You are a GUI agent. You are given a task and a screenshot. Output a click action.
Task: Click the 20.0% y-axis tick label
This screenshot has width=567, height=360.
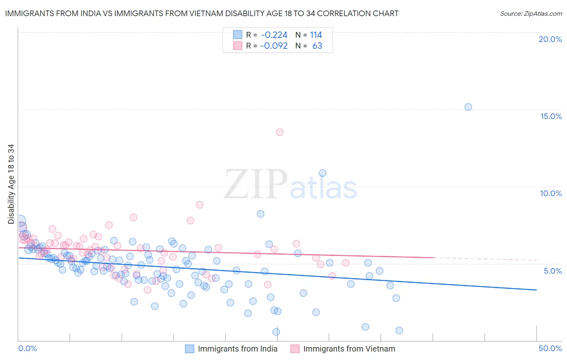pyautogui.click(x=550, y=39)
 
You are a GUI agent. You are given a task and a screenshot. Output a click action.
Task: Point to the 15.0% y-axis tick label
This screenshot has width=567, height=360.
pyautogui.click(x=551, y=116)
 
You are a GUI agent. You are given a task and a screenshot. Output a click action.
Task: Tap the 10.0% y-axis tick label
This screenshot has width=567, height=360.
pyautogui.click(x=551, y=193)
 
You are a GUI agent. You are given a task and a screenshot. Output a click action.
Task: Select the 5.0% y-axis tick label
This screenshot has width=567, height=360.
pyautogui.click(x=552, y=271)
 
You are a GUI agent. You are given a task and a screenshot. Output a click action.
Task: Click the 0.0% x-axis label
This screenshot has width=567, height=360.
pyautogui.click(x=28, y=348)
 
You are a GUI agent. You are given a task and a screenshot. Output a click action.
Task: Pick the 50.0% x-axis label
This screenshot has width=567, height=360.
pyautogui.click(x=550, y=348)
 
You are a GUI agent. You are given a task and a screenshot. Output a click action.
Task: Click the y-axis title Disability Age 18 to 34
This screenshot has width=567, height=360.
pyautogui.click(x=11, y=184)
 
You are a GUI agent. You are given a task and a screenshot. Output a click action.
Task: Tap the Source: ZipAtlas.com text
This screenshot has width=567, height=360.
pyautogui.click(x=531, y=13)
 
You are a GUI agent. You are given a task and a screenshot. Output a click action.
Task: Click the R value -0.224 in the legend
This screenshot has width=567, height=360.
pyautogui.click(x=274, y=35)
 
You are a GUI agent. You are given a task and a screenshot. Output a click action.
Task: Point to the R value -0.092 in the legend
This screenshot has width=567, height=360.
pyautogui.click(x=274, y=46)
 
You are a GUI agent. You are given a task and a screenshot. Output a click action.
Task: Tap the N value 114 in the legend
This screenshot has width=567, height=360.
pyautogui.click(x=316, y=35)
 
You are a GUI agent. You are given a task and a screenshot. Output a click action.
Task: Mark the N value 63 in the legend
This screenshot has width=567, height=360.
pyautogui.click(x=317, y=46)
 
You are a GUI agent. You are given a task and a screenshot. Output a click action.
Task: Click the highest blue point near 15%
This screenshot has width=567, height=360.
pyautogui.click(x=468, y=107)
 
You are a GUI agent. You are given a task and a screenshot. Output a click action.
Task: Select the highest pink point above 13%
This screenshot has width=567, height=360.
pyautogui.click(x=279, y=132)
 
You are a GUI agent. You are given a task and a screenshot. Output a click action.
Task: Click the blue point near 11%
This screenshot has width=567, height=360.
pyautogui.click(x=323, y=173)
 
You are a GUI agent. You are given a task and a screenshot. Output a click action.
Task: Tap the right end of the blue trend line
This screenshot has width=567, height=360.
pyautogui.click(x=536, y=290)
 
